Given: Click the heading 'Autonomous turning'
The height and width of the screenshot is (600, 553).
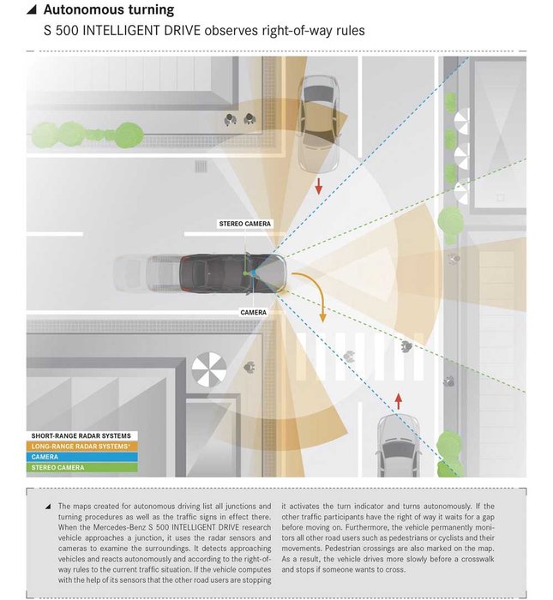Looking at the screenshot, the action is pos(109,9).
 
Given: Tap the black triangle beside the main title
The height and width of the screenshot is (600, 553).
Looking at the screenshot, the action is pos(32,10).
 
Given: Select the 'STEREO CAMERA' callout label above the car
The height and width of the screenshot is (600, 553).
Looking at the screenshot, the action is pos(245,224).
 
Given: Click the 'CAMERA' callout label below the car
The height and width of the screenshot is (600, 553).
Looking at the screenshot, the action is pos(253,312).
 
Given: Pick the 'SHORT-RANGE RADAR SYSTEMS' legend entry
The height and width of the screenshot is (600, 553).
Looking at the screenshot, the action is pos(81,435).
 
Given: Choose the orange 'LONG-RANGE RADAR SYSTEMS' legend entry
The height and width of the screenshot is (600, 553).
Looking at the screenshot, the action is pos(81,447).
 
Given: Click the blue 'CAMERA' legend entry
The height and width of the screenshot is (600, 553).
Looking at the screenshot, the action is pos(81,457).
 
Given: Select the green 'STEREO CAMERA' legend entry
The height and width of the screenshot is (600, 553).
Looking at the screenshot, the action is pos(81,467).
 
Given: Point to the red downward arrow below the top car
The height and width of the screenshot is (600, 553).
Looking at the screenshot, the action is pos(318,186).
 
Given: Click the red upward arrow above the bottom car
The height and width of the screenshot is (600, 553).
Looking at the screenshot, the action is pos(399,401).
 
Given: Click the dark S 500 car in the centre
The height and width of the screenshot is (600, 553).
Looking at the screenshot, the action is pos(232,274).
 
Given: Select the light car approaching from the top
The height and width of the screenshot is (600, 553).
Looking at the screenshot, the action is pos(318,123).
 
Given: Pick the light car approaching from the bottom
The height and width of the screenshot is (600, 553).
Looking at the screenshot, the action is pos(398,446).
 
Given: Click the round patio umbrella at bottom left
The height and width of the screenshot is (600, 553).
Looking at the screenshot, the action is pos(209,369).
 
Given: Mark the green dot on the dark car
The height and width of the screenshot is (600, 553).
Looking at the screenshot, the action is pos(245,273).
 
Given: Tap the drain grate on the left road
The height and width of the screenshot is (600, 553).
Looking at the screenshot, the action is pos(201,166).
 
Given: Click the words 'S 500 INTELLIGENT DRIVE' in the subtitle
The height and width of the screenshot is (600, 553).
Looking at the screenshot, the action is pos(122,30).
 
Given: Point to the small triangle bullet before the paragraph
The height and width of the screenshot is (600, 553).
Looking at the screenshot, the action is pos(48,507).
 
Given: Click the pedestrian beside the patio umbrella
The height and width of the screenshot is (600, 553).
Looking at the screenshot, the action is pos(249,367).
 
